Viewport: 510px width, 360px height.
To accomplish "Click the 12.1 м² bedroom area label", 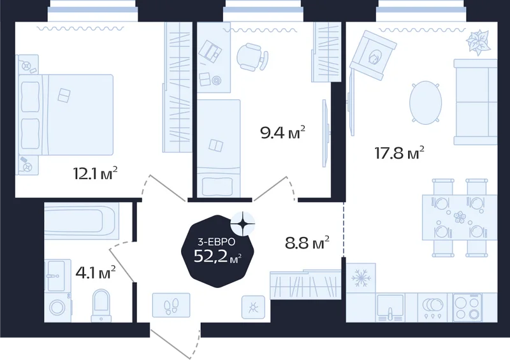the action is [95, 173].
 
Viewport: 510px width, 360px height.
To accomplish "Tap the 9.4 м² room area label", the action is [282, 133].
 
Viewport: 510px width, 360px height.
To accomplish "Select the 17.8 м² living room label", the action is [400, 152].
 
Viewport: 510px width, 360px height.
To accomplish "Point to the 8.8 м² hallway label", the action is [307, 242].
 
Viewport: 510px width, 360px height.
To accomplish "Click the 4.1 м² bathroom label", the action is [95, 272].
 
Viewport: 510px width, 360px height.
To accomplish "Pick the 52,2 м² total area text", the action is [217, 256].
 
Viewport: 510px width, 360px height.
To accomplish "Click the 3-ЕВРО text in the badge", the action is [216, 241].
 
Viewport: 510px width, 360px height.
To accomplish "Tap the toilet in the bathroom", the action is [101, 305].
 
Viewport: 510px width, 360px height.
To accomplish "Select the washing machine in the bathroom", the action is [58, 307].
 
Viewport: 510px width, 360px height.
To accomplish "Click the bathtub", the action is [82, 219].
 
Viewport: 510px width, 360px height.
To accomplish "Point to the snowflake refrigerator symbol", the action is [360, 278].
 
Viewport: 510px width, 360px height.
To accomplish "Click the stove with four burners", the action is [467, 308].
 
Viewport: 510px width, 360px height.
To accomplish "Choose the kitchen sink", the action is [390, 308].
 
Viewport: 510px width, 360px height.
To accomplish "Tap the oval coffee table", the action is [425, 103].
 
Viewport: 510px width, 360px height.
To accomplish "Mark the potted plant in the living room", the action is [479, 42].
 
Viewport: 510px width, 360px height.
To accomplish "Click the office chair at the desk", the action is [252, 57].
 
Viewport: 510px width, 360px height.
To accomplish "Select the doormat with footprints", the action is [171, 305].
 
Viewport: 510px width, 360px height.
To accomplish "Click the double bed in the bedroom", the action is [66, 115].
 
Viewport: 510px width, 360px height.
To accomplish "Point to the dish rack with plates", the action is [433, 308].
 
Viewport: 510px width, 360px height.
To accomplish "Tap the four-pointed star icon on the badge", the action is [243, 224].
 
